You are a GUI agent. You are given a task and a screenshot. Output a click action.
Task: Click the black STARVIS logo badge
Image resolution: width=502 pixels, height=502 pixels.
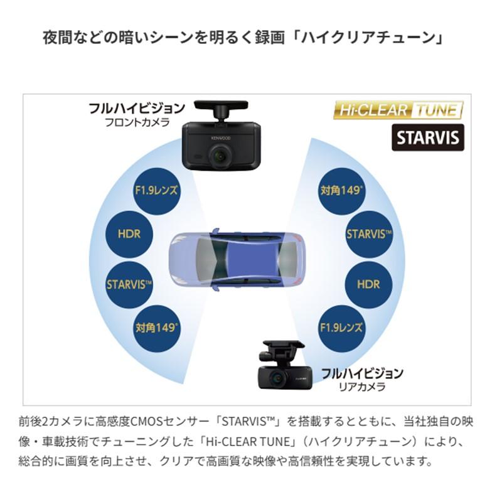428,137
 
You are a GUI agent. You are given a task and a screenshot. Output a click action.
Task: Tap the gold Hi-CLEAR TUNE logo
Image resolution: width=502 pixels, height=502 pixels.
398,110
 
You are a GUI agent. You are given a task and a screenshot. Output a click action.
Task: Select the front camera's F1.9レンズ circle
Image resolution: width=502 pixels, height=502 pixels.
156,191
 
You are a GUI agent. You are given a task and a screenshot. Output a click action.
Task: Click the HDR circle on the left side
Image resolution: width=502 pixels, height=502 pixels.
129,234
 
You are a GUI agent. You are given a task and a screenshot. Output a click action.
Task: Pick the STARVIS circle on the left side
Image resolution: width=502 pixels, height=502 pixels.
129,285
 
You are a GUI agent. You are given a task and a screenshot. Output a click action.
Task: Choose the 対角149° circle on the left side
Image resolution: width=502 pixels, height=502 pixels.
156,328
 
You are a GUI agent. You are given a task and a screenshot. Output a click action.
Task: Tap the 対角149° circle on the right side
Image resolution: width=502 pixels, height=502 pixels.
341,191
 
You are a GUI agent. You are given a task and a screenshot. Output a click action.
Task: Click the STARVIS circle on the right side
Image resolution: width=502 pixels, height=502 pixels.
369,234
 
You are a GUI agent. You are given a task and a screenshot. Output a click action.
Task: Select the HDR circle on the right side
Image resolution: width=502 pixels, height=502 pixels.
368,285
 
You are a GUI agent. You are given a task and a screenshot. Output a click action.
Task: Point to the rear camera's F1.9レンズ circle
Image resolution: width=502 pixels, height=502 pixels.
341,328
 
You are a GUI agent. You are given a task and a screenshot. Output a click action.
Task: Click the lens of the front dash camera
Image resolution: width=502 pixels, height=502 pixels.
220,156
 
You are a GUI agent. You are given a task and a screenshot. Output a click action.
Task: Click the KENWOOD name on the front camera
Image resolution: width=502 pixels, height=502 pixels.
221,138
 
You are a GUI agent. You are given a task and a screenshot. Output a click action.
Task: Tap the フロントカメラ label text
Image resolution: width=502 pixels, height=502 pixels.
137,122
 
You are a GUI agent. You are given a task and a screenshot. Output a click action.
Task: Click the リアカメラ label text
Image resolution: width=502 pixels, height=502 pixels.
363,387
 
